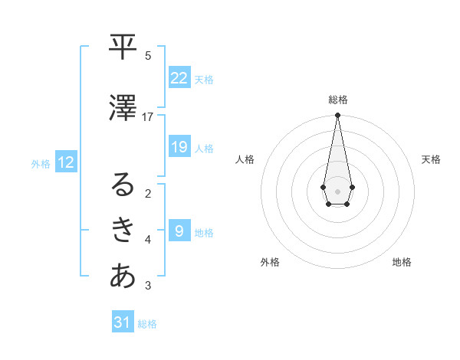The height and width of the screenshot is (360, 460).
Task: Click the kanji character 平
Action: [123, 47]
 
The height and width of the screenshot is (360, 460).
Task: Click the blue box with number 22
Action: [179, 78]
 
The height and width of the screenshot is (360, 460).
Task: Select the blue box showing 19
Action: [179, 147]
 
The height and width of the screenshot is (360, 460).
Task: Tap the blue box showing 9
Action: [179, 231]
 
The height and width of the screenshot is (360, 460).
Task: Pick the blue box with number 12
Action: [65, 162]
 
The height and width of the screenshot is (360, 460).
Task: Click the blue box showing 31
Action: [123, 322]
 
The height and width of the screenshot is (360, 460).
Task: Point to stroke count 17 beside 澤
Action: [148, 117]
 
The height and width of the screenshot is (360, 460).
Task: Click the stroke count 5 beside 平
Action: [148, 55]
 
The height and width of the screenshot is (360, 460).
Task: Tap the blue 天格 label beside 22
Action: [204, 80]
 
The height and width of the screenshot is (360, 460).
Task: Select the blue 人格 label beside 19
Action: [204, 149]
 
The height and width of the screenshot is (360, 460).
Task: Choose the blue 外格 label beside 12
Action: [41, 164]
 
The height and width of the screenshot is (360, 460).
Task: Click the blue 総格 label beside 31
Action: [147, 324]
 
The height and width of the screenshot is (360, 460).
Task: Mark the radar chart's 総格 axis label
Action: [337, 100]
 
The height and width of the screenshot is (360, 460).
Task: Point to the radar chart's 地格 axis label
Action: [402, 262]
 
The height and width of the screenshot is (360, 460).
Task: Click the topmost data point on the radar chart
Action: [337, 115]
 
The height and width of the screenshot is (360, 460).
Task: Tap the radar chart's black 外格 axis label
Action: [270, 262]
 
